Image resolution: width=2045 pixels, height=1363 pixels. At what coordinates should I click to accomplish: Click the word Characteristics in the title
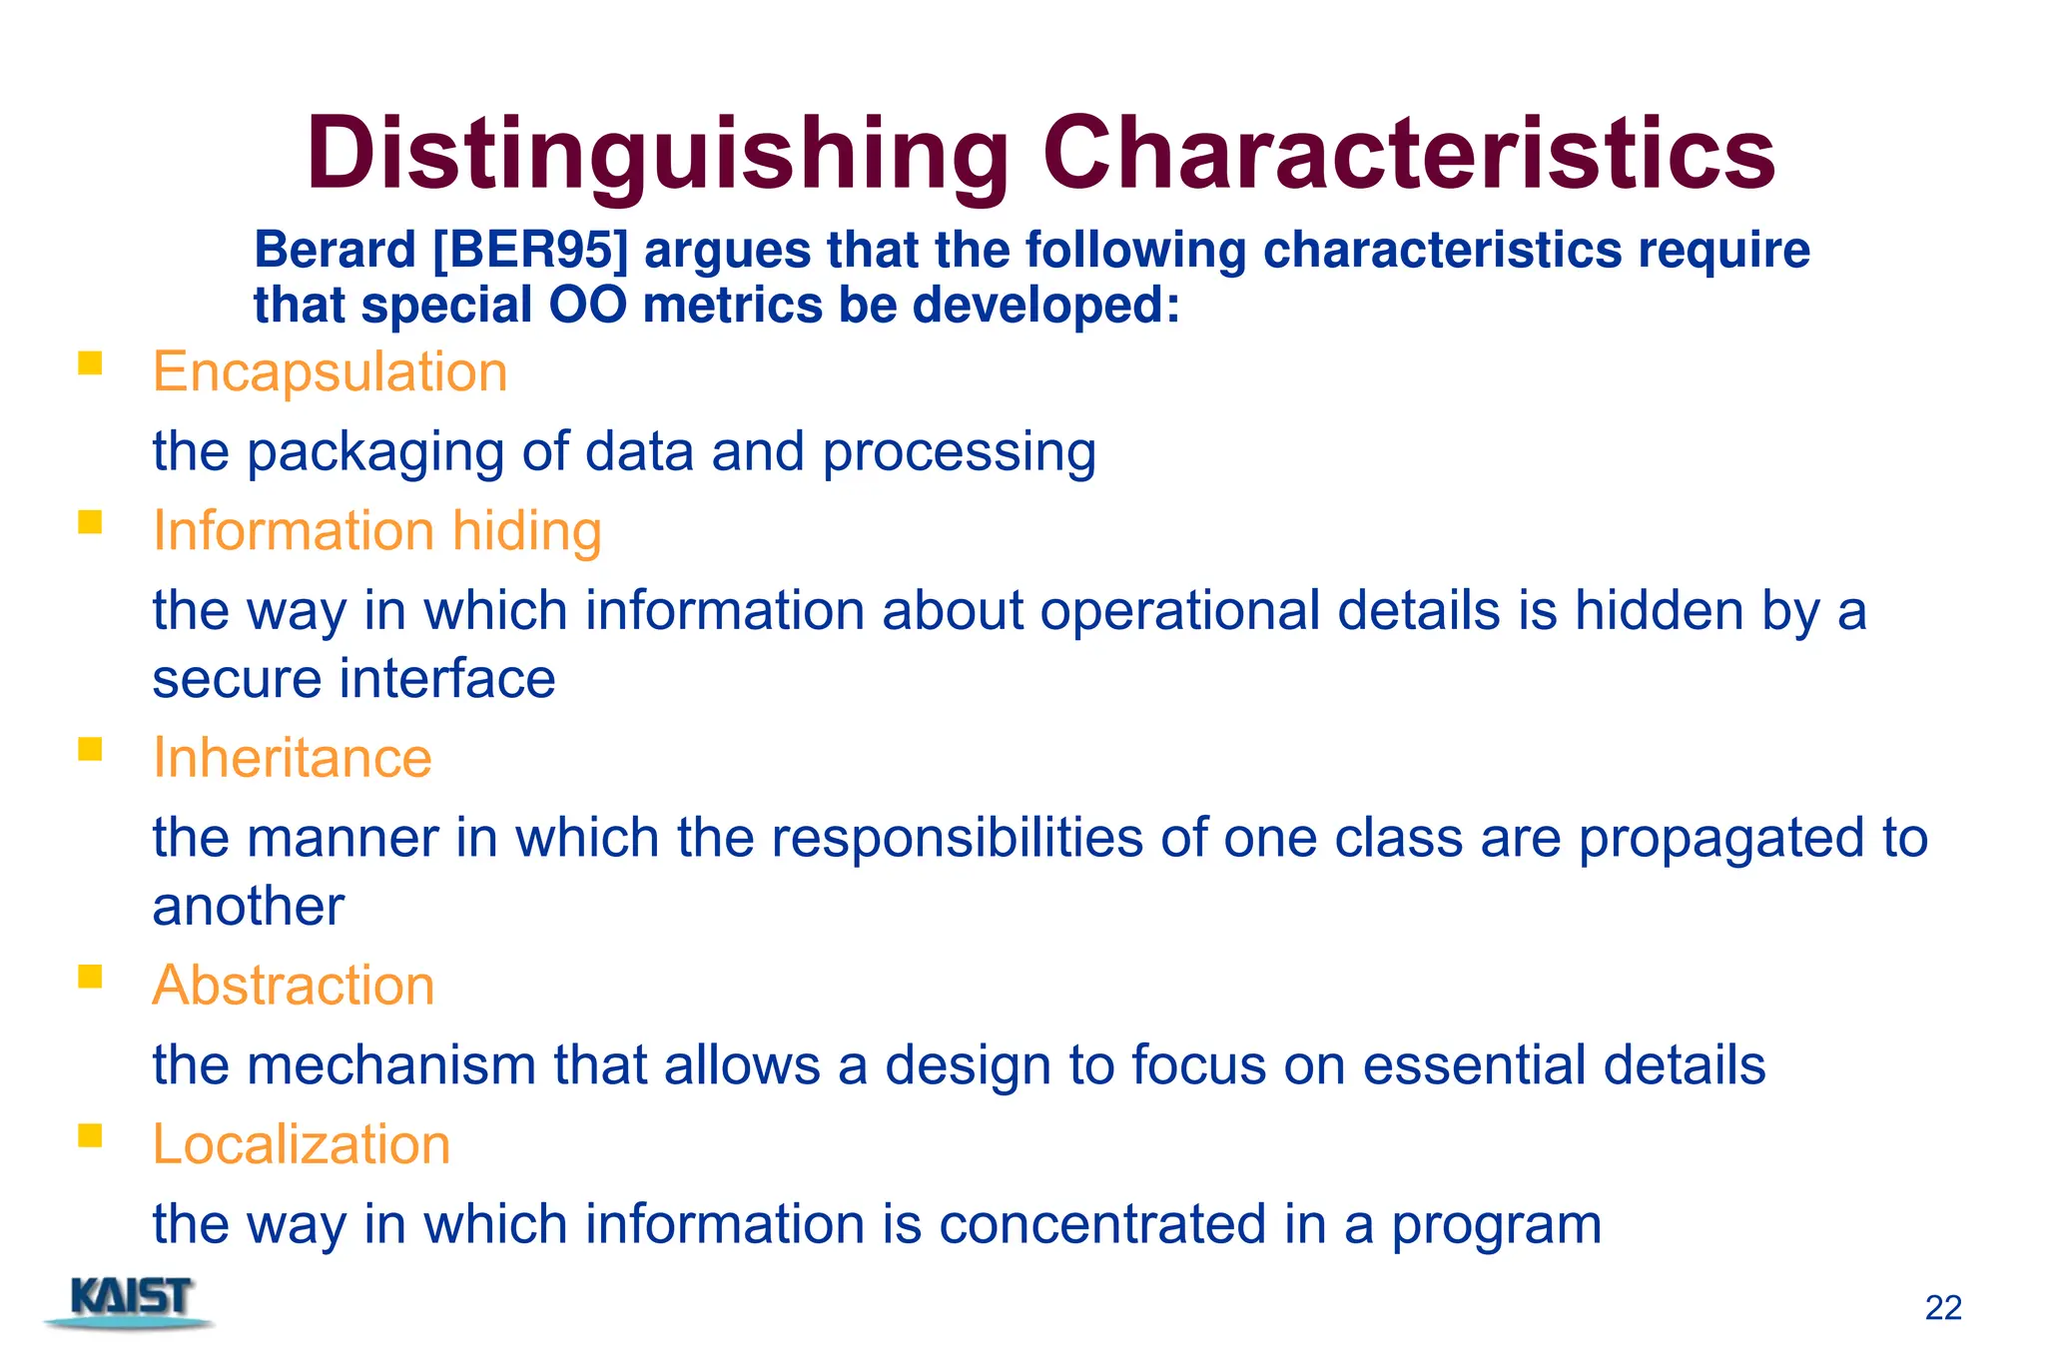tap(1408, 155)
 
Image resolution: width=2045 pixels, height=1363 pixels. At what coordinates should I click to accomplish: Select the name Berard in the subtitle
tap(335, 250)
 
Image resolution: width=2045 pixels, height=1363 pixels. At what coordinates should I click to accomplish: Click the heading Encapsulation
tap(330, 372)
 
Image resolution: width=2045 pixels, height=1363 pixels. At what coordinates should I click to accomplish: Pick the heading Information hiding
tap(376, 530)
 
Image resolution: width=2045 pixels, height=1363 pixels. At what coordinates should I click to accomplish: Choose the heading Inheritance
tap(292, 758)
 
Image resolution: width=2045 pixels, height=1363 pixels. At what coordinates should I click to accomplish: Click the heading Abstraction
tap(293, 986)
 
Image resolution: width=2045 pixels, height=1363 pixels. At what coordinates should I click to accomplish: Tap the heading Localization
tap(301, 1144)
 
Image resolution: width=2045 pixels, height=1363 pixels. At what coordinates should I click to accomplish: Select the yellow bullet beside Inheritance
tap(90, 749)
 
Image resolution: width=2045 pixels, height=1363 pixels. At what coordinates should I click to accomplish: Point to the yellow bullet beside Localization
tap(90, 1135)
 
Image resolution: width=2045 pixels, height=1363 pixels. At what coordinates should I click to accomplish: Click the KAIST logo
tap(130, 1302)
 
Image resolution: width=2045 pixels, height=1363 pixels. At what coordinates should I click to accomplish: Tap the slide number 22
tap(1942, 1308)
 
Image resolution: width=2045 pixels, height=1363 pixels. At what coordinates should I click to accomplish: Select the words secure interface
tap(353, 680)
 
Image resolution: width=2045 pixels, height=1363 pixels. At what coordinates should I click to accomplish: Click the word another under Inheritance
tap(248, 908)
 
